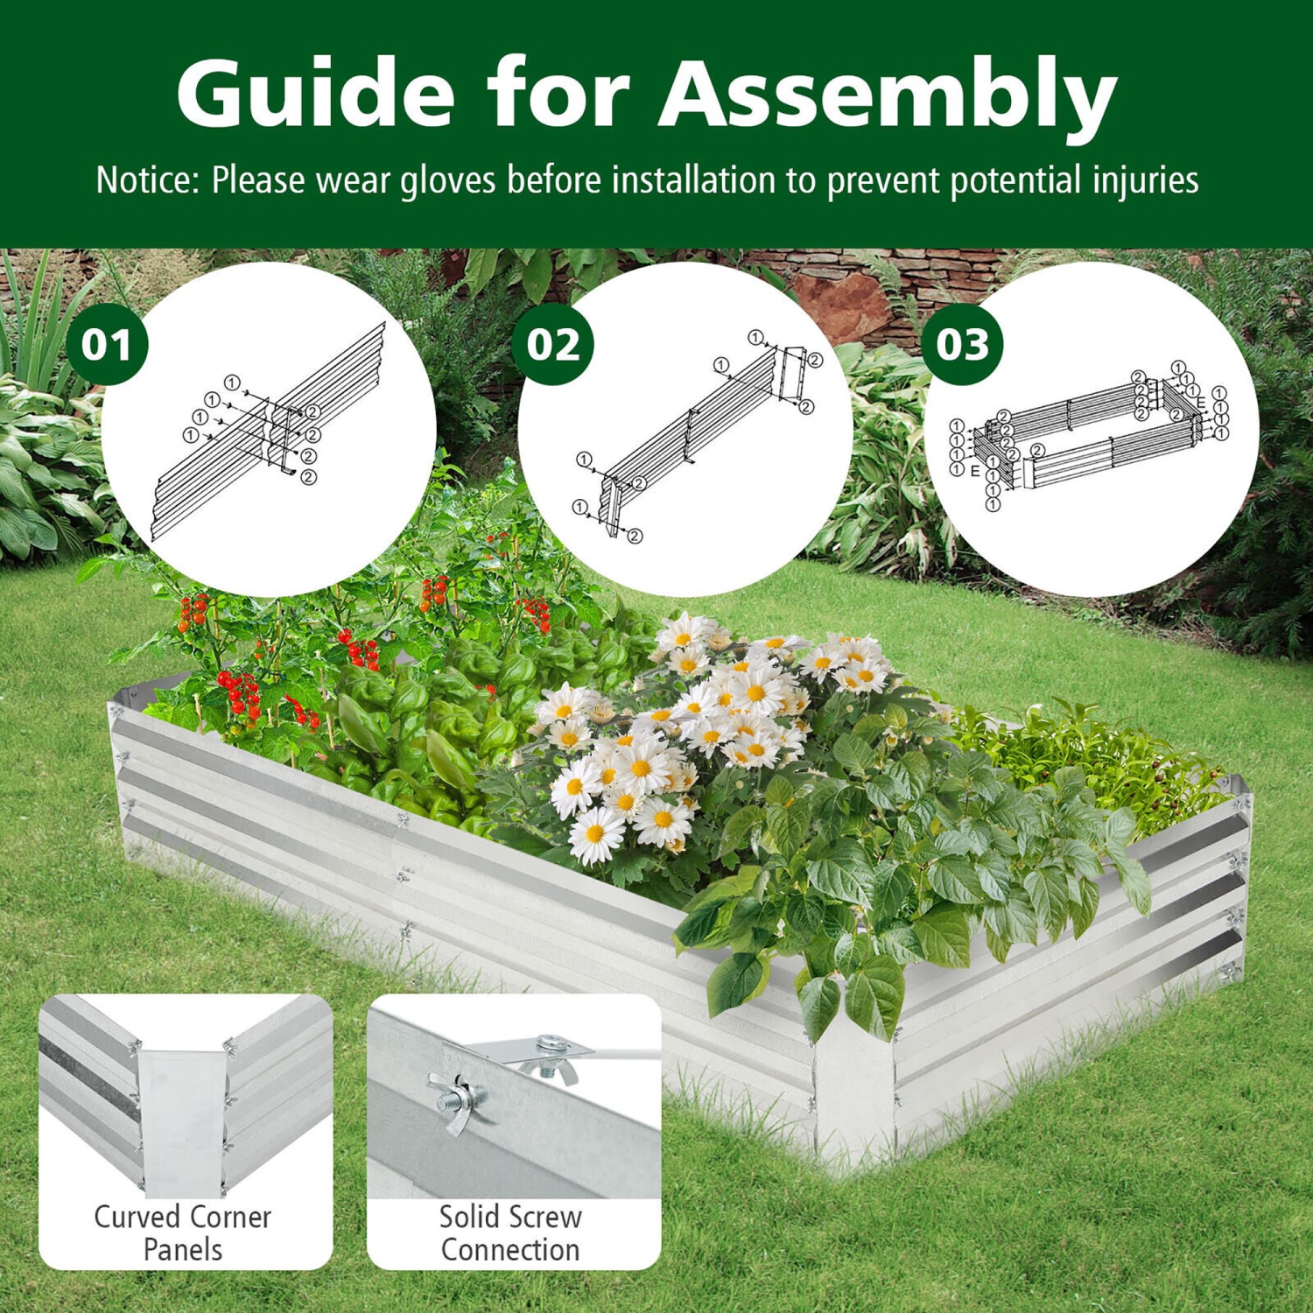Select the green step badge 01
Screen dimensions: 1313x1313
(x=107, y=345)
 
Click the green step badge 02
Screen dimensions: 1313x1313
(x=553, y=345)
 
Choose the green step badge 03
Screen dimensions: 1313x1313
(x=962, y=345)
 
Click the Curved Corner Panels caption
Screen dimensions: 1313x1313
(x=183, y=1232)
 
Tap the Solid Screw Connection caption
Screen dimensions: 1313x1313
(x=510, y=1232)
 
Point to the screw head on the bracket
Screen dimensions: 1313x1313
(x=550, y=1044)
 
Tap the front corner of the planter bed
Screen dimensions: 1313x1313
(x=853, y=1103)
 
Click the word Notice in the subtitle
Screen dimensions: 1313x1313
(x=147, y=181)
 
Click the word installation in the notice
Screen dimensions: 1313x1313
(x=693, y=181)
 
